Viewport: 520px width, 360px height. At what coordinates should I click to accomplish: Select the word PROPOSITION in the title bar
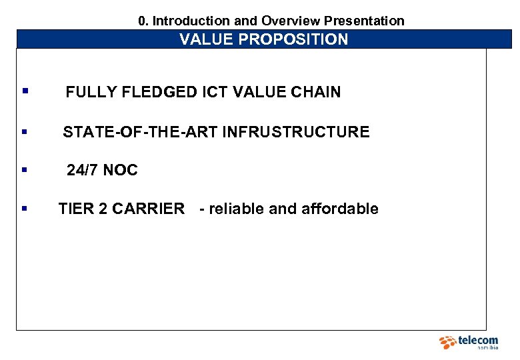tap(293, 39)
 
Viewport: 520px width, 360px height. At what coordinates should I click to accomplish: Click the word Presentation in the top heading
tap(364, 21)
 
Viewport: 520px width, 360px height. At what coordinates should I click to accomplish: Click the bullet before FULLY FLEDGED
tap(25, 91)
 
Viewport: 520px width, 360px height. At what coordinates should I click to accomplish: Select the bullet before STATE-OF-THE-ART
tap(25, 131)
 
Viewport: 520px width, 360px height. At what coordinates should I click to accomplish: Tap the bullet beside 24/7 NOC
tap(25, 169)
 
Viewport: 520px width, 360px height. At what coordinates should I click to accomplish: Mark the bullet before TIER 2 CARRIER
tap(25, 208)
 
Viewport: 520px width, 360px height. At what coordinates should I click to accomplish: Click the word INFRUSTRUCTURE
tap(295, 132)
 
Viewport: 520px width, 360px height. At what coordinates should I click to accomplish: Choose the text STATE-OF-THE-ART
tap(140, 132)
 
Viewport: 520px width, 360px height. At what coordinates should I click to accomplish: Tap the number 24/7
tap(83, 171)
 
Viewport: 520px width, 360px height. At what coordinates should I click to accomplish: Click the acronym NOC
tap(121, 171)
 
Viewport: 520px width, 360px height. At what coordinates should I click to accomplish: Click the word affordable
tap(340, 209)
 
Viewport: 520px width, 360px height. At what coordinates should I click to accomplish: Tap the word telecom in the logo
tap(478, 341)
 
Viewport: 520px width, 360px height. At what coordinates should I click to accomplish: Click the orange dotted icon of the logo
tap(447, 343)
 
